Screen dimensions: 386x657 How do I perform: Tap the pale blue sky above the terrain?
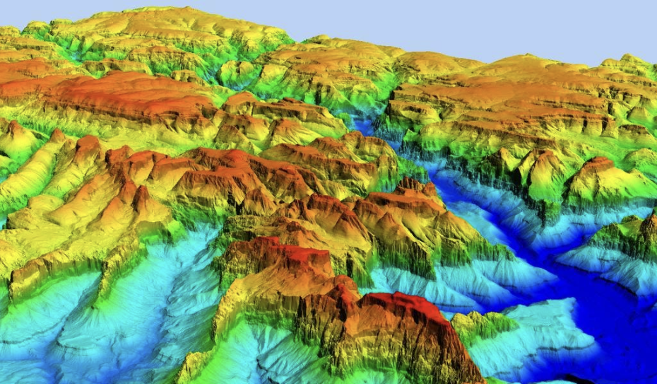point(459,25)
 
